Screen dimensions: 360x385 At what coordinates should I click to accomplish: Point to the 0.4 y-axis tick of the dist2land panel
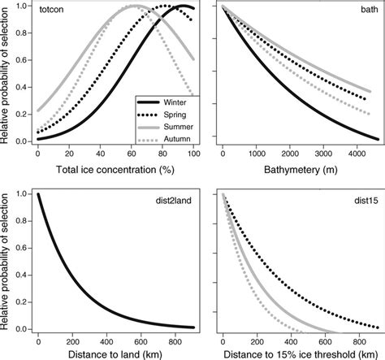pyautogui.click(x=20, y=272)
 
